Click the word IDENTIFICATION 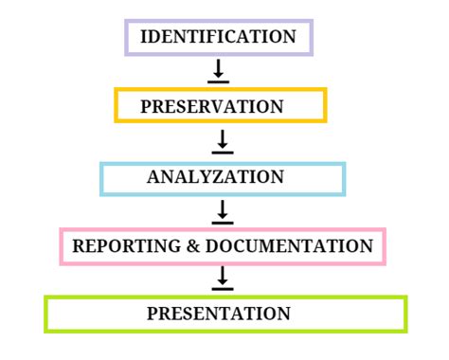click(218, 38)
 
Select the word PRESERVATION click(211, 107)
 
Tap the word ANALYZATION click(215, 177)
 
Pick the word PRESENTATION click(218, 314)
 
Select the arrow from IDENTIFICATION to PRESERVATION click(219, 71)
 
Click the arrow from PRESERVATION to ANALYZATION click(222, 141)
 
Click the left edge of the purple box click(127, 38)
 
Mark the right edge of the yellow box click(325, 105)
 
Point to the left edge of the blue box click(101, 179)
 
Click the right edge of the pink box click(385, 246)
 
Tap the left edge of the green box click(45, 315)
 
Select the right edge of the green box click(405, 315)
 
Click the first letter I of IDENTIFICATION click(143, 38)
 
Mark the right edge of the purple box click(311, 38)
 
